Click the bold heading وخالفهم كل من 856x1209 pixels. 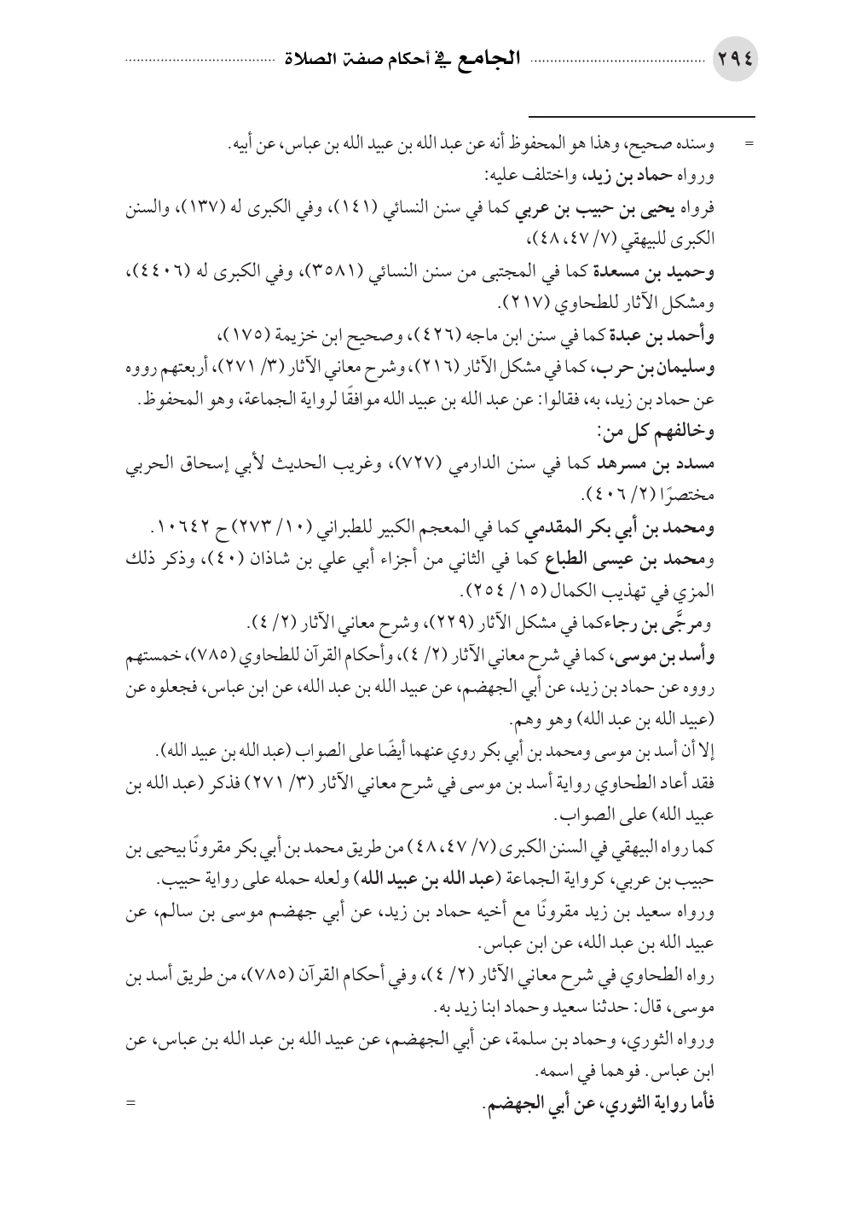pyautogui.click(x=666, y=430)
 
